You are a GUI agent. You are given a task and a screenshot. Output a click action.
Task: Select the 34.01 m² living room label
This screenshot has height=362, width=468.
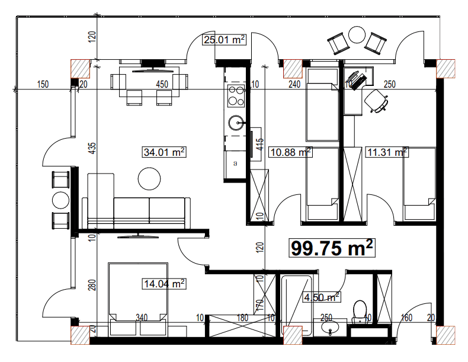(164, 152)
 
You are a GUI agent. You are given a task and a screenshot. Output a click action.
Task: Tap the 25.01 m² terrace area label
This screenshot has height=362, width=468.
(224, 40)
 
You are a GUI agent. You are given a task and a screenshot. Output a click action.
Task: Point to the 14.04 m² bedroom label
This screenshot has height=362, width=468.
(164, 284)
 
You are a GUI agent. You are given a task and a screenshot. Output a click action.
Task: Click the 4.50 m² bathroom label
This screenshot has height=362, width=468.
(321, 296)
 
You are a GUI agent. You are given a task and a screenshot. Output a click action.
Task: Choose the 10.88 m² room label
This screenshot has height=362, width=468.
(290, 152)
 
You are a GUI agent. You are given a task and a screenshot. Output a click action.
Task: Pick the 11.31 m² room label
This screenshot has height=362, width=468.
(387, 152)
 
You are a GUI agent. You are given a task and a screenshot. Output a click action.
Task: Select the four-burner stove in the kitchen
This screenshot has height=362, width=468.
(236, 94)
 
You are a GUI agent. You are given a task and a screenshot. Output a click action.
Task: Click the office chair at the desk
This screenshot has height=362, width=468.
(377, 100)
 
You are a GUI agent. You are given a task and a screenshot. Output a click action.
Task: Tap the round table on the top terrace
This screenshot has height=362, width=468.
(357, 35)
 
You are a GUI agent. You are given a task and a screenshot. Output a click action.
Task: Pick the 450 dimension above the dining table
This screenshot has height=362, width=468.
(162, 84)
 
